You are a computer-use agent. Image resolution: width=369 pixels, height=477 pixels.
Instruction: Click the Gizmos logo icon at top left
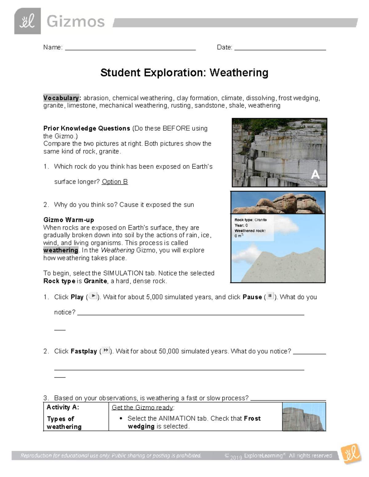[27, 21]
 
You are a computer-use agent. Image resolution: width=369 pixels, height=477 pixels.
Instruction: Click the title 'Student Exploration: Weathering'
[184, 73]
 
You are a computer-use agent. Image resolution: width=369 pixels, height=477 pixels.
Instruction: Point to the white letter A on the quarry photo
[315, 175]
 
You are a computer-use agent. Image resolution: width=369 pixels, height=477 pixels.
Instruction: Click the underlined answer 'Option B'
[115, 182]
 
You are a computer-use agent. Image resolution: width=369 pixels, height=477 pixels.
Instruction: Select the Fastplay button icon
[105, 350]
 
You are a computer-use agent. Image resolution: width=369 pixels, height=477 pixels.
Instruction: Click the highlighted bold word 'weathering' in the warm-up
[61, 250]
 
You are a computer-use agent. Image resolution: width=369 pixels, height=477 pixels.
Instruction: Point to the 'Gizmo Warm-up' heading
[69, 220]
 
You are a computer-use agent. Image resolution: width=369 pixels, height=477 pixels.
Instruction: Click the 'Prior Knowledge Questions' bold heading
[87, 128]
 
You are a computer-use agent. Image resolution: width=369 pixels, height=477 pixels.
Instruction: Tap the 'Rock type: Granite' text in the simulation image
[250, 220]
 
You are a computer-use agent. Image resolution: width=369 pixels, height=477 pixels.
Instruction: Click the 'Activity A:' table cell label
[63, 407]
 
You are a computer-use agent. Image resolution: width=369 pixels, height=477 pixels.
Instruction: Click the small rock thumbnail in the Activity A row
[304, 417]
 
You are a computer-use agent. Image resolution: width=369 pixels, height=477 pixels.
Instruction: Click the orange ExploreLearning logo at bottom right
[351, 454]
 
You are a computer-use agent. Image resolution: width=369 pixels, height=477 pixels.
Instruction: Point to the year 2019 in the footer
[236, 457]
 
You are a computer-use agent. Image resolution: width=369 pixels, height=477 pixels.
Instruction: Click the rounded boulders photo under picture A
[278, 203]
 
